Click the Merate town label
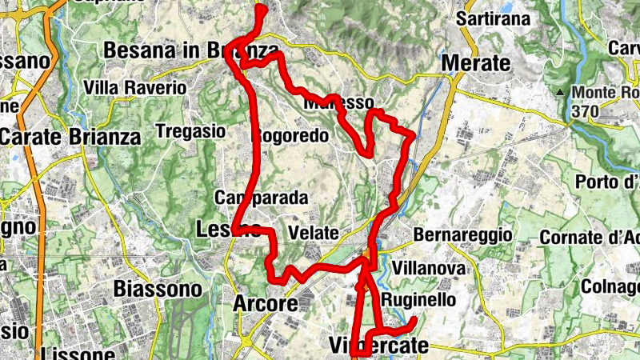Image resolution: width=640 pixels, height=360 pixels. pyautogui.click(x=475, y=63)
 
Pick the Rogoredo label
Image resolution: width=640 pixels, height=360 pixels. pyautogui.click(x=290, y=136)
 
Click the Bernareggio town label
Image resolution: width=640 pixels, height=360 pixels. pyautogui.click(x=462, y=236)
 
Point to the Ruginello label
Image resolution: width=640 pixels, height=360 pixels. pyautogui.click(x=418, y=300)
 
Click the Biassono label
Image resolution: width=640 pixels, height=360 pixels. pyautogui.click(x=157, y=288)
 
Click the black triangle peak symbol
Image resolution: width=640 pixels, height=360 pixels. pyautogui.click(x=561, y=93)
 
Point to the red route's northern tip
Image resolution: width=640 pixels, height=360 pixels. pyautogui.click(x=261, y=9)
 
